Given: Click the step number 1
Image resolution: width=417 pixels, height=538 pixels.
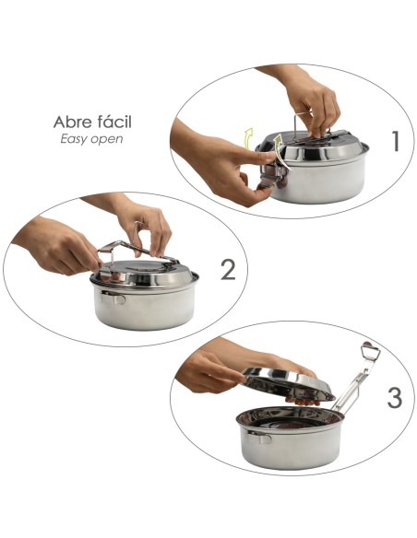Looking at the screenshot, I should point(395,142).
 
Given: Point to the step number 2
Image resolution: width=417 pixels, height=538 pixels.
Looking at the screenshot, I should point(229,270).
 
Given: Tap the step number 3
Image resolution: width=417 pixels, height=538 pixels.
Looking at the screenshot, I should point(394,398).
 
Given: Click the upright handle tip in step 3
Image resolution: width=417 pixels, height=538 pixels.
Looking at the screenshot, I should point(369,352).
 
